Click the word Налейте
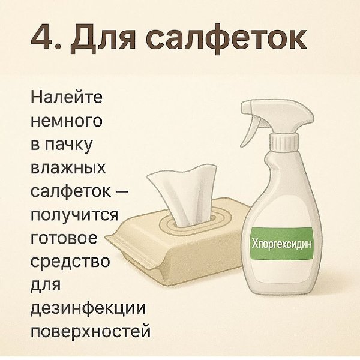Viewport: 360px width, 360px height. (x=67, y=97)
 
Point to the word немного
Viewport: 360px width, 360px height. (x=67, y=121)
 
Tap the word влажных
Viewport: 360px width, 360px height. (x=68, y=167)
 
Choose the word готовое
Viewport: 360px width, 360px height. (x=64, y=238)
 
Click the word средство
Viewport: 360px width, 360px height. (x=70, y=261)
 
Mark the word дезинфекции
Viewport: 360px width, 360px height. (x=88, y=309)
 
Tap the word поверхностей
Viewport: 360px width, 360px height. (x=91, y=332)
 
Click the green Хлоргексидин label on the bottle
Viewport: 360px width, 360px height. (x=282, y=244)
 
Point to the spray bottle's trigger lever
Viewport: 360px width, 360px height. (x=250, y=130)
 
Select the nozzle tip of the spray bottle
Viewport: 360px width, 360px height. (x=245, y=107)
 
